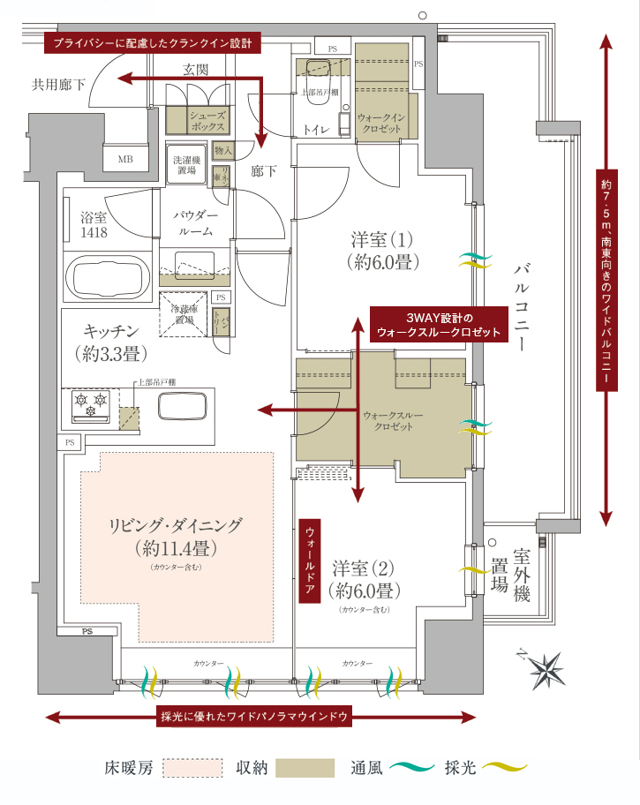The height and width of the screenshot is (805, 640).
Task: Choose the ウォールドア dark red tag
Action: (310, 560)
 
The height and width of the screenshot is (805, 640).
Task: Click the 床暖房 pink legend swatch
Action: (192, 767)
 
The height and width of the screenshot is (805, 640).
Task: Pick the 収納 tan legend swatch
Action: (305, 767)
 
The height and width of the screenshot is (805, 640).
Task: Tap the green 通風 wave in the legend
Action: (410, 767)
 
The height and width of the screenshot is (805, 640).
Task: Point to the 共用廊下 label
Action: (59, 85)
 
